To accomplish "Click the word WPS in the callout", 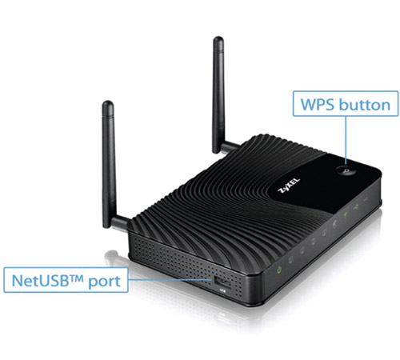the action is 317,105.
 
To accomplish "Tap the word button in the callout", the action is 365,104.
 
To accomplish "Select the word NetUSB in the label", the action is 42,281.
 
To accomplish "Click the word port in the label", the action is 104,282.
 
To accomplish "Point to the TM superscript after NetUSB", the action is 78,278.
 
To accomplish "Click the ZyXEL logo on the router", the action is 289,185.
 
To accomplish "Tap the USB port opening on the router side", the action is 222,282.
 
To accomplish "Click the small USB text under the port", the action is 222,291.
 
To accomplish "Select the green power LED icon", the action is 279,270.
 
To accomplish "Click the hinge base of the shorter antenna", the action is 119,223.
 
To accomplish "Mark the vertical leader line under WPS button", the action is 346,140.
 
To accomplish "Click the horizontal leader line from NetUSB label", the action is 170,280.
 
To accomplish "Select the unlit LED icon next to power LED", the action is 290,259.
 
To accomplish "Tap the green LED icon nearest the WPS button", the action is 356,206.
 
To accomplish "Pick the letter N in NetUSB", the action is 17,281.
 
